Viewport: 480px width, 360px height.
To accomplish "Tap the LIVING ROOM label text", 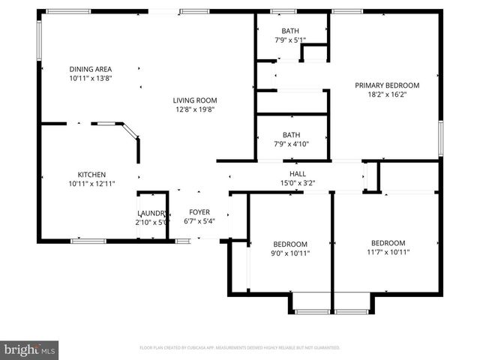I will pos(195,100).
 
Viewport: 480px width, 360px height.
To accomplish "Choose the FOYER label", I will pos(199,212).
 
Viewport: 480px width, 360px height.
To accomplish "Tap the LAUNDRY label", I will pos(153,212).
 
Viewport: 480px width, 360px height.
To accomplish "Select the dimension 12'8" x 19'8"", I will pos(195,109).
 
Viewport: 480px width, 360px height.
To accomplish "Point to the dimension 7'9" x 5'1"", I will pos(291,40).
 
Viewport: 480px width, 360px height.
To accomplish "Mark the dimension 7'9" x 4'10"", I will pos(291,144).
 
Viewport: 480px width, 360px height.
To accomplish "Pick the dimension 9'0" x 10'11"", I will pos(289,253).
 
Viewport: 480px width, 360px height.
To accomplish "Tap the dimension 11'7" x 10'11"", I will pos(388,252).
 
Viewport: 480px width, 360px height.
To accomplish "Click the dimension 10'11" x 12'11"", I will pos(91,184).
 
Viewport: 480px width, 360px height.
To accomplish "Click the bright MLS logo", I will pos(30,349).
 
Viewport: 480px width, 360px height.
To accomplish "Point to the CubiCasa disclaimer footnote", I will pos(240,348).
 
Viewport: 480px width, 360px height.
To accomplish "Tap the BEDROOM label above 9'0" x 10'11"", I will pos(289,244).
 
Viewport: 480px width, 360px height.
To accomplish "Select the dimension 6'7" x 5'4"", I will pos(199,221).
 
